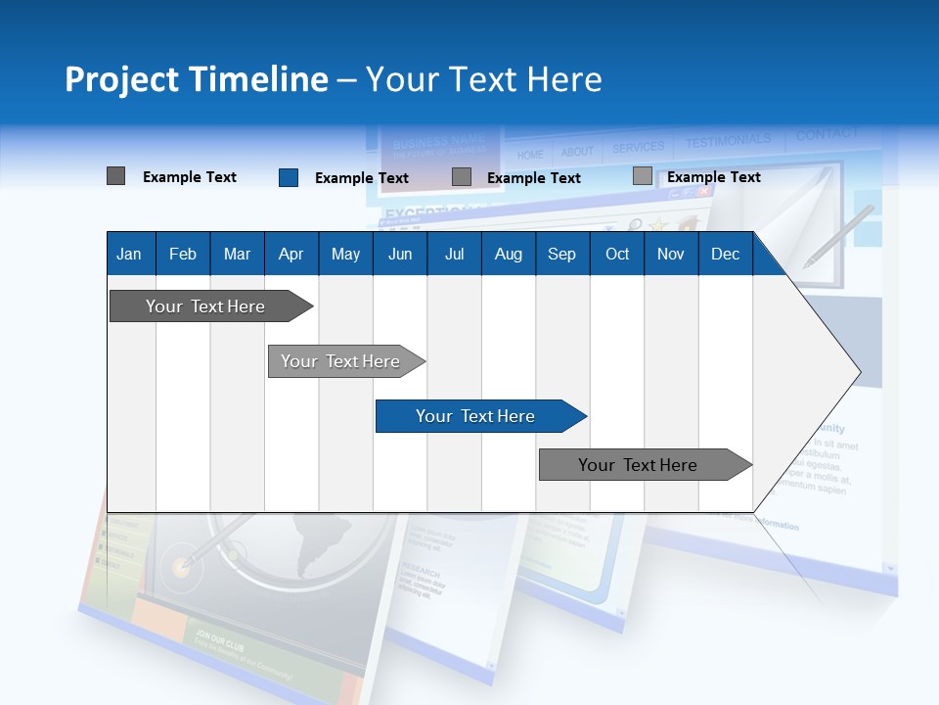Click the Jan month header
129,255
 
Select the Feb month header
183,255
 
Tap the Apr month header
291,255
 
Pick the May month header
345,255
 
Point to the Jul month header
454,255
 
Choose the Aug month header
508,255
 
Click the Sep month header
561,255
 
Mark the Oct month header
617,255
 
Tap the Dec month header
725,255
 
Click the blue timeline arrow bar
479,416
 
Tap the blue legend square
289,177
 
